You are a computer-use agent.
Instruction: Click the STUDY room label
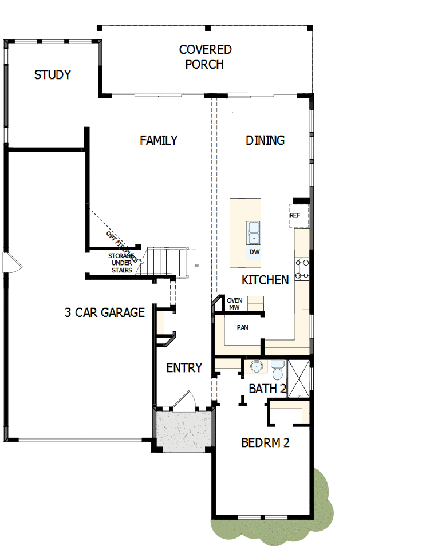pos(53,75)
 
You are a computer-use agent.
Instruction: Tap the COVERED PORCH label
pos(205,57)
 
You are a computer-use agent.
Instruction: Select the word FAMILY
pos(159,140)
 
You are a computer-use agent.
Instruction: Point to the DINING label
pos(265,140)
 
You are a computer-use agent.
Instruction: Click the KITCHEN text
pos(265,280)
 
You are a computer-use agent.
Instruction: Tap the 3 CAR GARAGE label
pos(105,312)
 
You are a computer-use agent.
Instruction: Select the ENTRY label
pos(184,368)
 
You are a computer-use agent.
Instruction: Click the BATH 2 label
pos(267,389)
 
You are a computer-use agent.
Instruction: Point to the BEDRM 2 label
pos(265,442)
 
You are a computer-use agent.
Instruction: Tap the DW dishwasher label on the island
pos(254,252)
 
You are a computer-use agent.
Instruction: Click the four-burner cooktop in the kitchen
pos(302,270)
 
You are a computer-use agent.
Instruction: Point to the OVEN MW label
pos(235,304)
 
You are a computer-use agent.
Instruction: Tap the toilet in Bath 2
pos(278,370)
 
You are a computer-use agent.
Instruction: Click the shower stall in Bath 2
pos(298,378)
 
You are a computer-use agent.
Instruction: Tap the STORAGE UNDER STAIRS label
pos(121,263)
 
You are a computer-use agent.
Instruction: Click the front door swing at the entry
pos(184,401)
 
